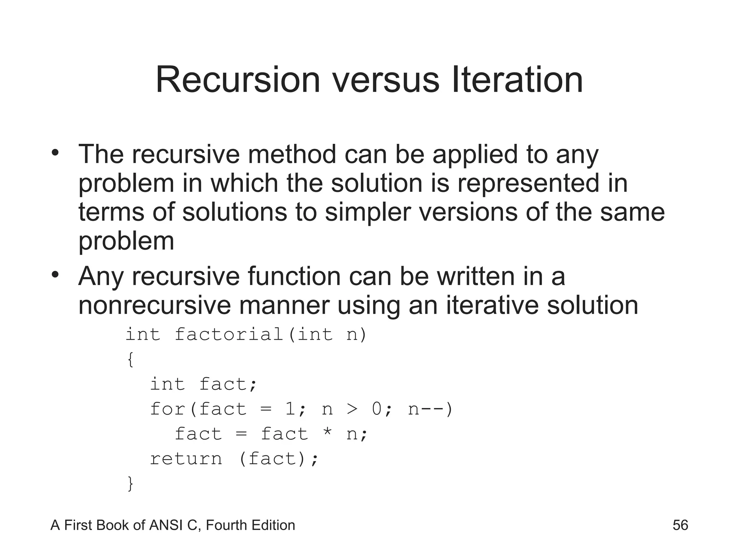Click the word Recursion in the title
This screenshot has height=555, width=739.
point(238,80)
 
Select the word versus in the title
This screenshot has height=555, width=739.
point(386,80)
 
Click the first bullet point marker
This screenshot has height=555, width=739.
point(55,153)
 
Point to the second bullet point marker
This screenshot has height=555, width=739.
point(55,275)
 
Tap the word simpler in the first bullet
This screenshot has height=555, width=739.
point(368,212)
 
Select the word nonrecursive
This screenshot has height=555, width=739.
point(154,305)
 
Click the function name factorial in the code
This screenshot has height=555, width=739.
point(229,334)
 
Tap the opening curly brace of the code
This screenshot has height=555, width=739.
point(130,360)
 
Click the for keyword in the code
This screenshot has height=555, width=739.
point(167,409)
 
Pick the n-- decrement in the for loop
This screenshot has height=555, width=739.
point(426,409)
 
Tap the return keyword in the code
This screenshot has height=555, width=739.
point(186,459)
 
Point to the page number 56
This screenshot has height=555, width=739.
point(680,525)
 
